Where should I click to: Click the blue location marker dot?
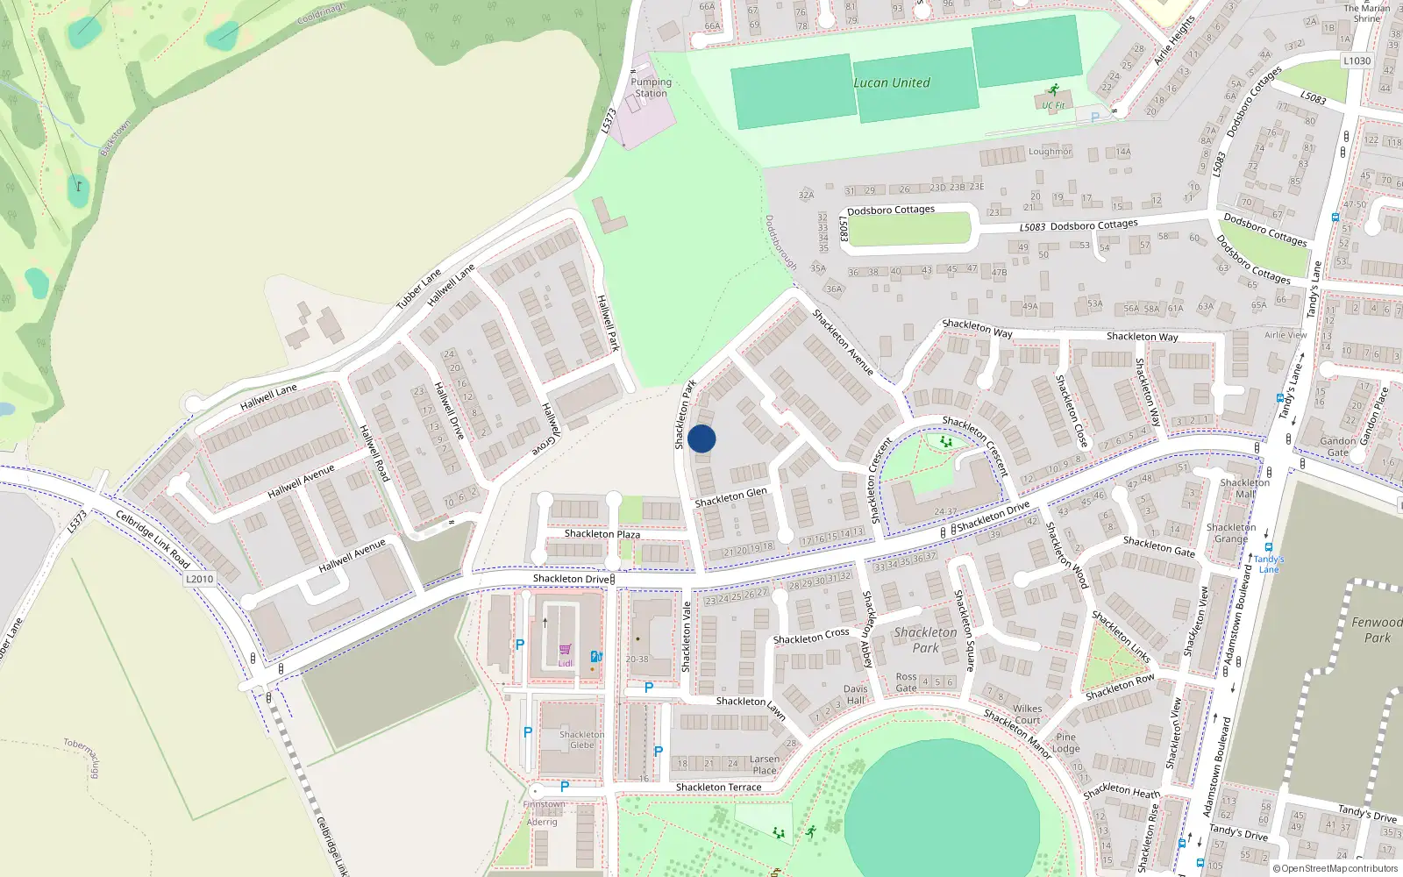tap(701, 438)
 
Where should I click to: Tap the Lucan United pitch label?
tap(892, 83)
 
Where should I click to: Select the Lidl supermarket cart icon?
tap(565, 651)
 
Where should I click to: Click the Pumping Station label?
tap(651, 88)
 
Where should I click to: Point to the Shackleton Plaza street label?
tap(602, 534)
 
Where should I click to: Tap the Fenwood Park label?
tap(1377, 630)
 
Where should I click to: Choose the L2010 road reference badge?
tap(200, 579)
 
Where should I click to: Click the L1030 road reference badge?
tap(1357, 61)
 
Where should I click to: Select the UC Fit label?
tap(1053, 105)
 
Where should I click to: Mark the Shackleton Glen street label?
tap(730, 497)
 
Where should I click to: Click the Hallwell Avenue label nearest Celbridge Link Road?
tap(352, 556)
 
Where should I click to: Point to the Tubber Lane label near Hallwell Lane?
tap(418, 289)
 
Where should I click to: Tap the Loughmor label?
tap(1050, 152)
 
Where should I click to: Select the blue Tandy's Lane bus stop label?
tap(1269, 564)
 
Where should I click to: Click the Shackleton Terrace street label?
tap(718, 788)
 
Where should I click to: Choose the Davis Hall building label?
tap(855, 695)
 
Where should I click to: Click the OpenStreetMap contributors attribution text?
tap(1335, 869)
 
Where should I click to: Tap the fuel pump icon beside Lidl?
tap(596, 656)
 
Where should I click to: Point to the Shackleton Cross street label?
tap(811, 636)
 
